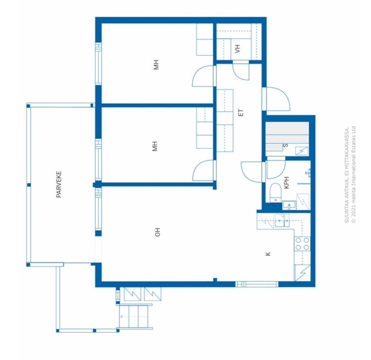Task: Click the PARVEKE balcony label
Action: point(59,184)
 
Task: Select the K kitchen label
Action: point(268,253)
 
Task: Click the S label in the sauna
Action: point(286,145)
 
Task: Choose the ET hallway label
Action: point(241,113)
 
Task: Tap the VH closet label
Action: point(237,49)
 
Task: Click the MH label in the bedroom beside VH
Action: point(157,65)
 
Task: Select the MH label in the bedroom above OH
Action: point(155,146)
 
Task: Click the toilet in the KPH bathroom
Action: point(275,194)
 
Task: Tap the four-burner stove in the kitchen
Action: point(302,244)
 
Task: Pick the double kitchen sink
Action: point(282,221)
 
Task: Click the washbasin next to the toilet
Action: point(290,205)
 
